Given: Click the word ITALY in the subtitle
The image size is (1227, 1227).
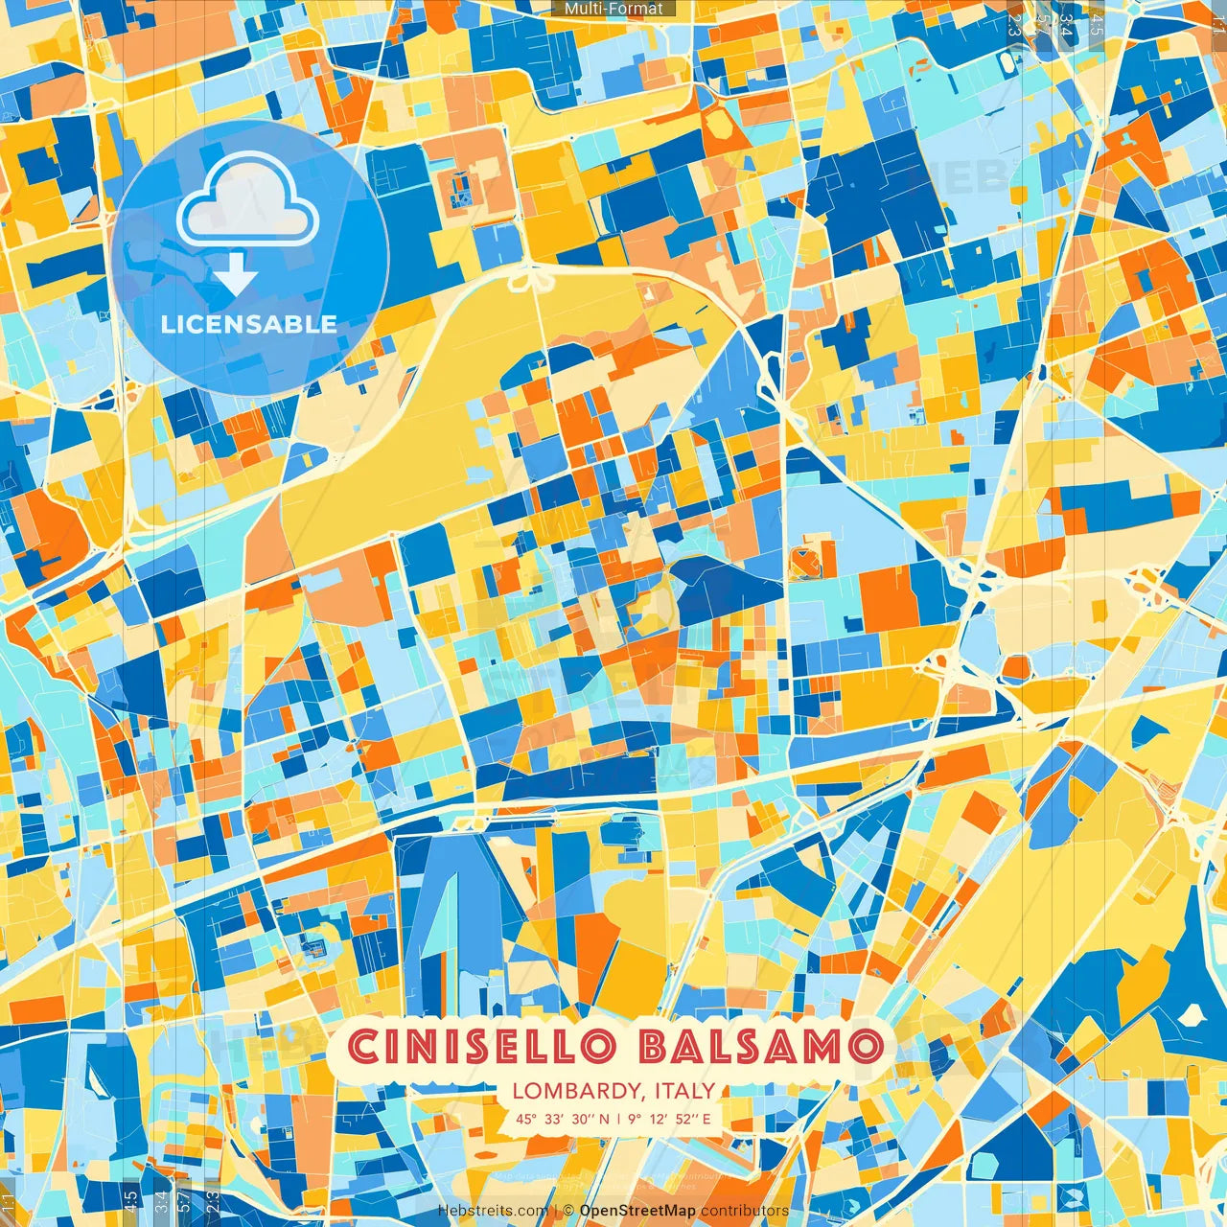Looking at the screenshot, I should tap(683, 1091).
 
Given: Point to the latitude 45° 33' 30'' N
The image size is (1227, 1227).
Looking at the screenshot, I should tap(562, 1119).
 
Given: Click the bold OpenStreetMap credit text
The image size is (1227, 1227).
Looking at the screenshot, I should tap(637, 1212).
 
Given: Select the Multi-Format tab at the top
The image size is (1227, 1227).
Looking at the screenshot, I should tap(613, 9).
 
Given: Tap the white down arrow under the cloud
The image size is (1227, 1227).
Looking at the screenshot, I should tap(236, 276).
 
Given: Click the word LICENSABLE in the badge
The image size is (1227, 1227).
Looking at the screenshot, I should tap(248, 324).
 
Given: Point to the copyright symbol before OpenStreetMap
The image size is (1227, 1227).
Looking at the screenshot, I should tap(567, 1212).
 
